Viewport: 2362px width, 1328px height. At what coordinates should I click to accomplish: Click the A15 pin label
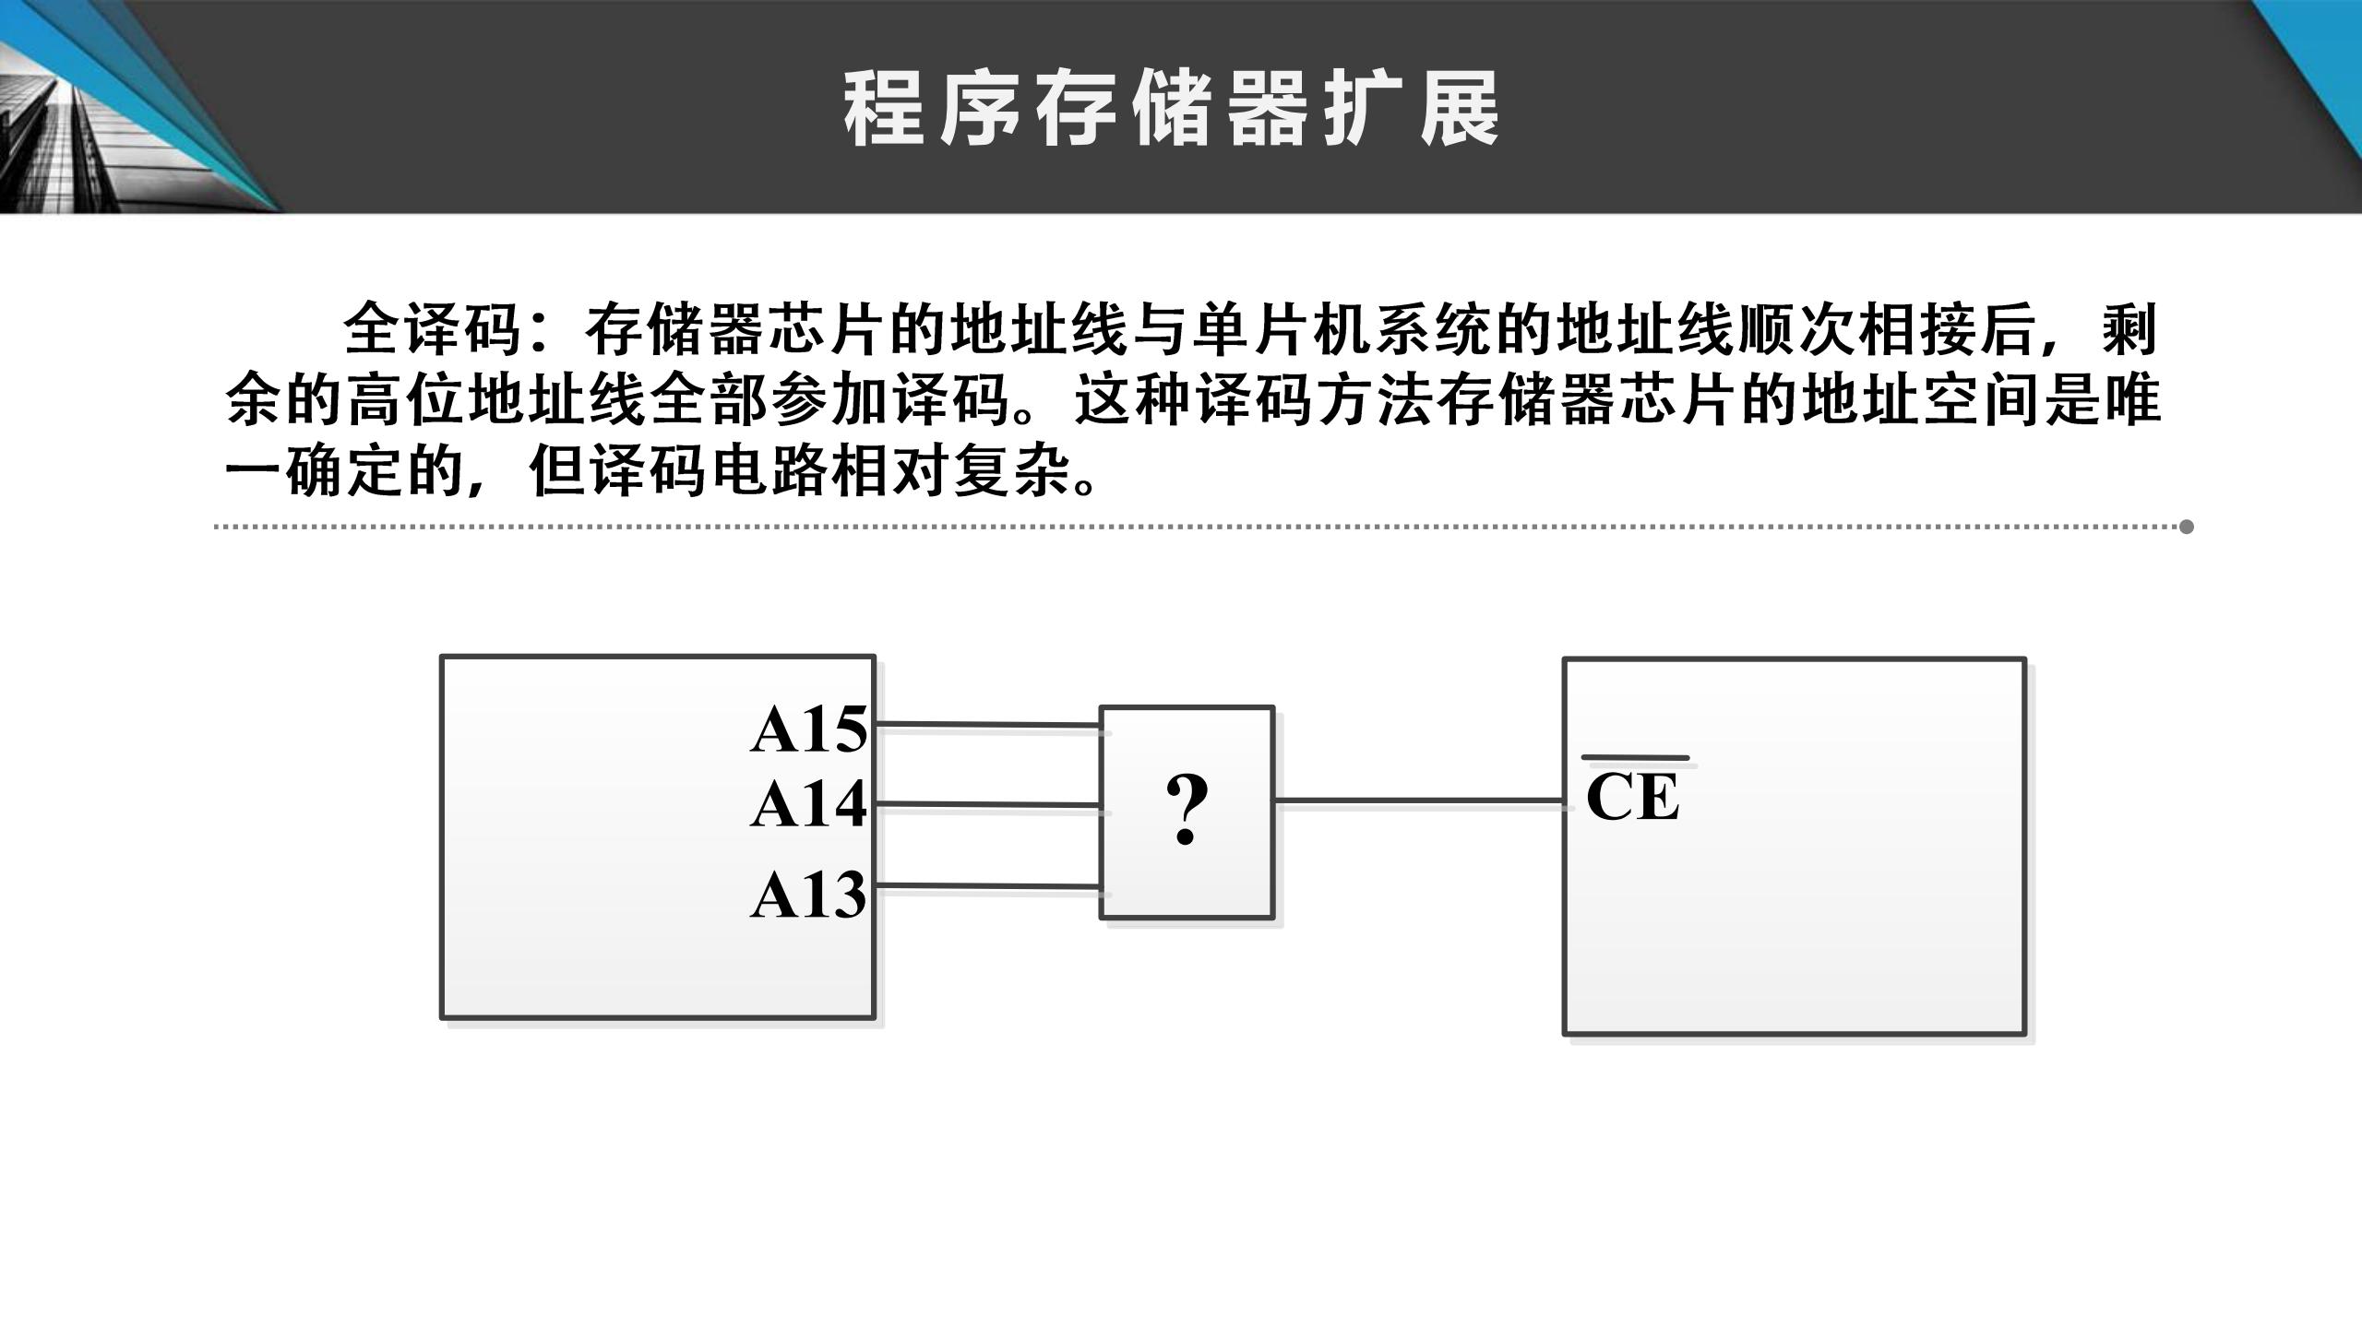pos(808,730)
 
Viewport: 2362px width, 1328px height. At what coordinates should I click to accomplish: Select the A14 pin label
pos(808,805)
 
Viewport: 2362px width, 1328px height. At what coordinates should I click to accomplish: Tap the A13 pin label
pos(808,895)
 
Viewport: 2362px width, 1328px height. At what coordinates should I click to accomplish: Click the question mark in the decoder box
pos(1187,811)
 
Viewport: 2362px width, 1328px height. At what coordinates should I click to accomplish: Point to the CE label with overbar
pos(1633,797)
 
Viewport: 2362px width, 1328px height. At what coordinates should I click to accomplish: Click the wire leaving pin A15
pos(987,726)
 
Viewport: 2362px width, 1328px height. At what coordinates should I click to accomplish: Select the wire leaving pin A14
pos(987,805)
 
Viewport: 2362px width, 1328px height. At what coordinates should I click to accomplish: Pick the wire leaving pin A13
pos(987,886)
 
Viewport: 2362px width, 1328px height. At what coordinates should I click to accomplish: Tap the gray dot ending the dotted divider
pos(2186,527)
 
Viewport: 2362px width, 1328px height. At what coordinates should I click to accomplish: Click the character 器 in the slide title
pos(1268,110)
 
